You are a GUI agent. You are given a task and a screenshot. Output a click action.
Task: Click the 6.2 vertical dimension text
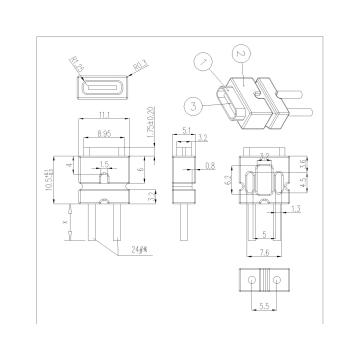[x=229, y=181]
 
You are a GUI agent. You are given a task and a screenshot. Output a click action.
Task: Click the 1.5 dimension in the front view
[x=103, y=162]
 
